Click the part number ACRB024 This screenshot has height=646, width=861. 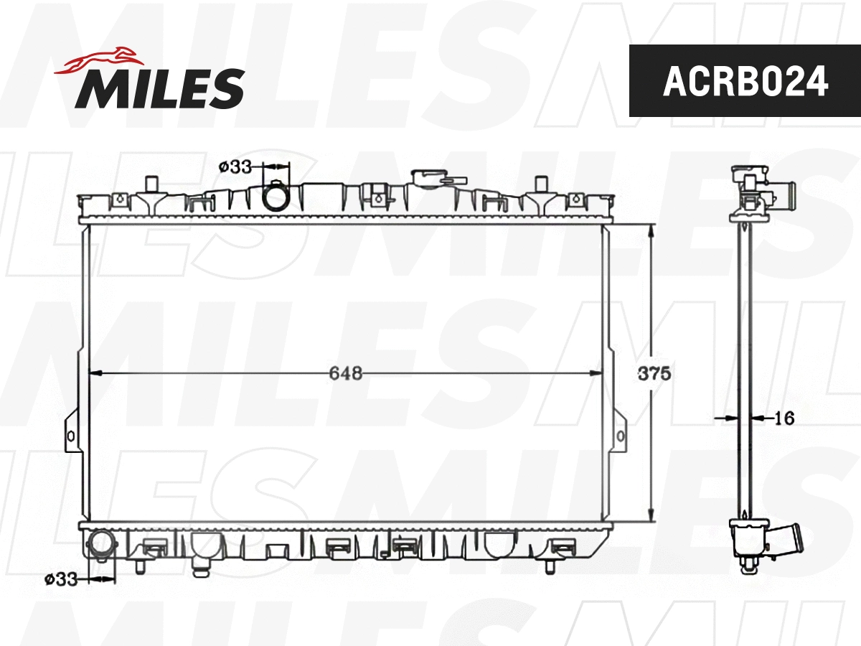tap(745, 81)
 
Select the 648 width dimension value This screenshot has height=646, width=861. tap(345, 373)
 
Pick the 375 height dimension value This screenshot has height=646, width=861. tap(654, 374)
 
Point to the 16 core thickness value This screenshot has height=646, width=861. tap(786, 418)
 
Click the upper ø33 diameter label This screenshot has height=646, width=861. tap(235, 167)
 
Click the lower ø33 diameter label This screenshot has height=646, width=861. tap(60, 579)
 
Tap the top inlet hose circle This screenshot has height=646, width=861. tap(276, 197)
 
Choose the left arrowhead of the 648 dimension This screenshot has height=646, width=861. tap(94, 373)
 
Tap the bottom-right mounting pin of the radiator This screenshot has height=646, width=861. tap(550, 566)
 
